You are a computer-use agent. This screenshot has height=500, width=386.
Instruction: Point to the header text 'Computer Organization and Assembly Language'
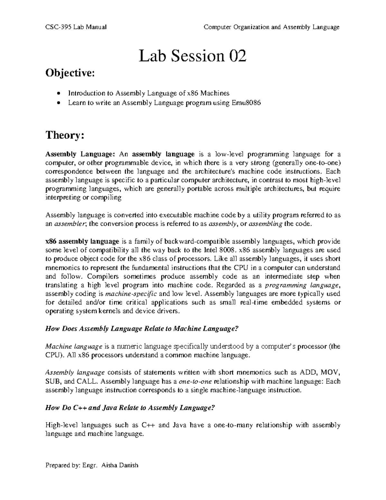pos(272,27)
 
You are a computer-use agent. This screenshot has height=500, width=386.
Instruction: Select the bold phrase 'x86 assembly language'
pos(82,241)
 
